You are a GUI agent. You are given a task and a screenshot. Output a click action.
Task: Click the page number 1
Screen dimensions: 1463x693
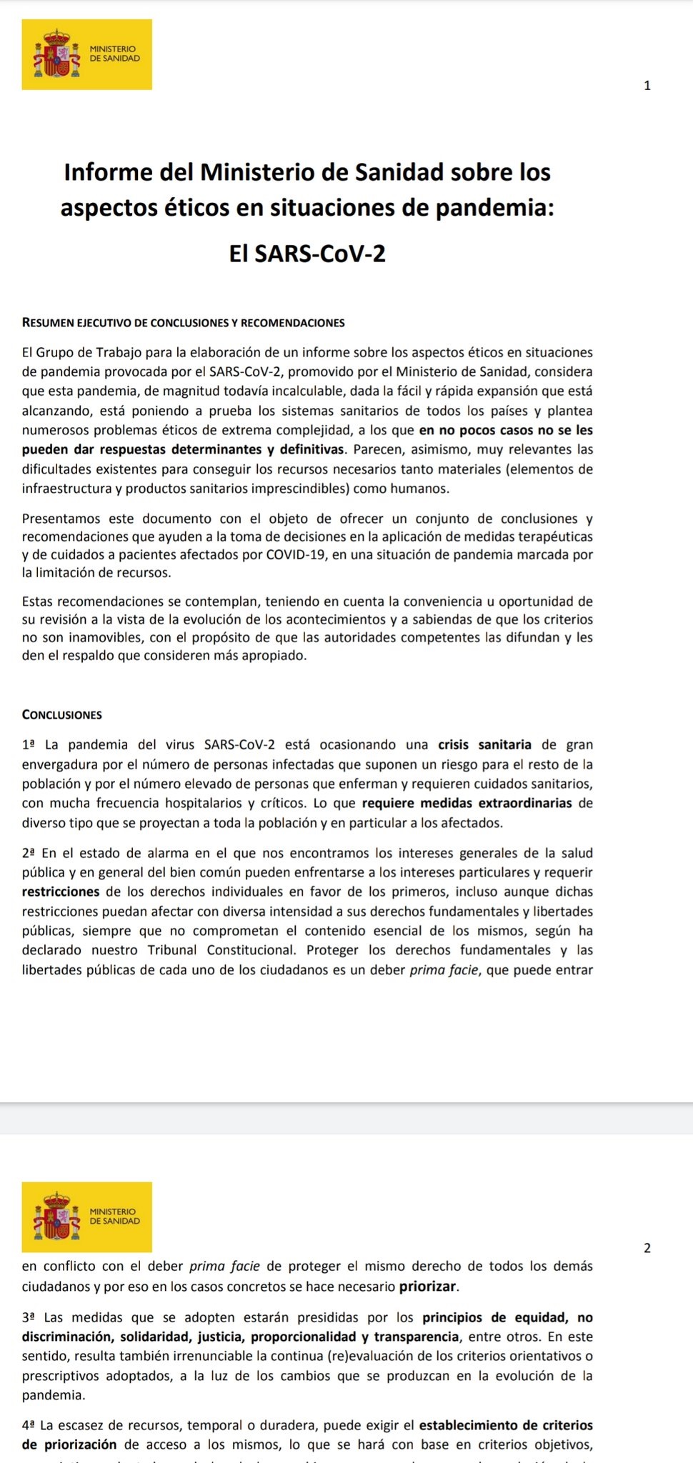coord(647,86)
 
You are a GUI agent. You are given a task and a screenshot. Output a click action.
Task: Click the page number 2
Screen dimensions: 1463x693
coord(647,1248)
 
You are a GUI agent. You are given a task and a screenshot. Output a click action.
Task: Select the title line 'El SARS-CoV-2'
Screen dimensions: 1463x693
coord(307,253)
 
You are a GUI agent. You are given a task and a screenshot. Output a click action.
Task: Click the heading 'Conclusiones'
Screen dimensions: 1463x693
coord(62,714)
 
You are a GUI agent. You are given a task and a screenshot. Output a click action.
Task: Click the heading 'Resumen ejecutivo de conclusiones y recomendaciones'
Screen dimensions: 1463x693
coord(184,322)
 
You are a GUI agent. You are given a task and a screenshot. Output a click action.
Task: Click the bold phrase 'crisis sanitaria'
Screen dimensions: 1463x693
coord(484,745)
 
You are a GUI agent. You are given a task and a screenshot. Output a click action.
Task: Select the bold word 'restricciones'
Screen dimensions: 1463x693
coord(61,892)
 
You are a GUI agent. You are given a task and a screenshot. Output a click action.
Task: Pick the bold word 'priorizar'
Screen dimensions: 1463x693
coord(427,1287)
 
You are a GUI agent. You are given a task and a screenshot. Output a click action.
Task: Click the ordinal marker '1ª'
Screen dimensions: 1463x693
coord(29,745)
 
